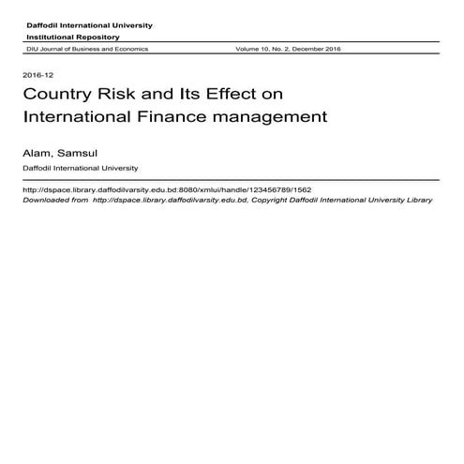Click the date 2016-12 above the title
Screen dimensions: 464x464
coord(32,75)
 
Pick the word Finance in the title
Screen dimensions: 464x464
coord(196,119)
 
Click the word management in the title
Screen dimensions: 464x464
coord(279,119)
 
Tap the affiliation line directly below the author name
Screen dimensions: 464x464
coord(81,168)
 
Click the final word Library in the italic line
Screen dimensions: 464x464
coord(416,200)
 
